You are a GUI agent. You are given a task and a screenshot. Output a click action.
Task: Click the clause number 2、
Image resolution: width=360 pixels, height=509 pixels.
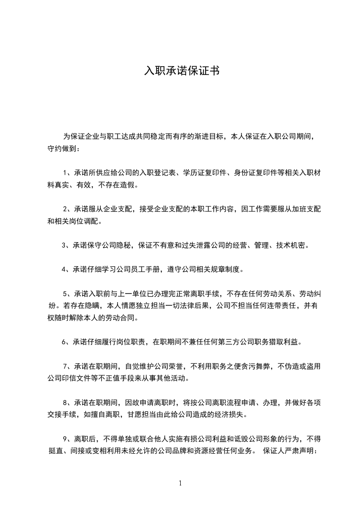click(x=69, y=209)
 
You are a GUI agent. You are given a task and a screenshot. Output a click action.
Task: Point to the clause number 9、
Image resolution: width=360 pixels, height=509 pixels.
click(x=68, y=439)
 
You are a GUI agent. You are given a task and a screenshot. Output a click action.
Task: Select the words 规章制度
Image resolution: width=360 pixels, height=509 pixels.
click(x=227, y=269)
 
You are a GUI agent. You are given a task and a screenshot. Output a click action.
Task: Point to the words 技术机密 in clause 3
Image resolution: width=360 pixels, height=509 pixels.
click(x=294, y=245)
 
